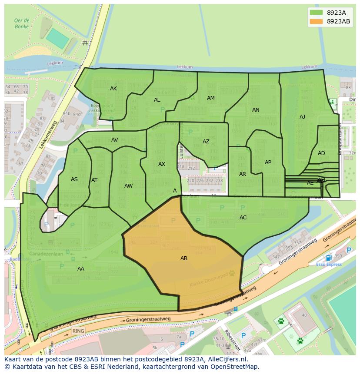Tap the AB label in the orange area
pyautogui.click(x=184, y=258)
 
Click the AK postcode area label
pyautogui.click(x=113, y=89)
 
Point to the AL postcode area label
pyautogui.click(x=157, y=100)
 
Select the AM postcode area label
pyautogui.click(x=211, y=98)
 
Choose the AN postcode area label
pyautogui.click(x=256, y=110)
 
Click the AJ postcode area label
pyautogui.click(x=302, y=117)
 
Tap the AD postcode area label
pyautogui.click(x=321, y=153)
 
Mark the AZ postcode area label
pyautogui.click(x=206, y=142)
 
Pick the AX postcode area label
pyautogui.click(x=162, y=164)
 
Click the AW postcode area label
pyautogui.click(x=128, y=186)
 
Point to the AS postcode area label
pyautogui.click(x=74, y=179)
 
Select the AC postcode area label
pyautogui.click(x=243, y=218)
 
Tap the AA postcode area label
pyautogui.click(x=81, y=269)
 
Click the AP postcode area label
pyautogui.click(x=268, y=162)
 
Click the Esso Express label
pyautogui.click(x=328, y=264)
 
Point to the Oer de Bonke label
pyautogui.click(x=21, y=23)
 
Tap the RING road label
pyautogui.click(x=78, y=331)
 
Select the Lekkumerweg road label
pyautogui.click(x=48, y=135)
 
